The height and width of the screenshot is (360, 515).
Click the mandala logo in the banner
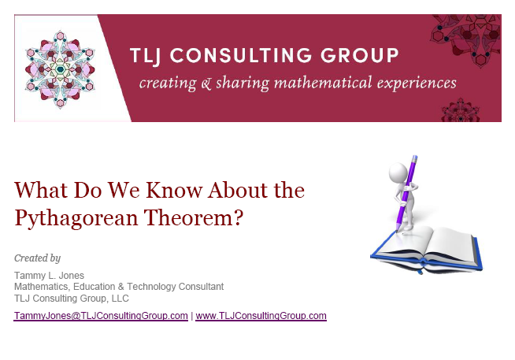coord(59,69)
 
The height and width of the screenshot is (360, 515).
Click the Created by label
coord(37,258)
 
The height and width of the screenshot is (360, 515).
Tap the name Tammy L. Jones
coord(49,275)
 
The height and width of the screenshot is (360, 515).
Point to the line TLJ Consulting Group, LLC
coord(72,299)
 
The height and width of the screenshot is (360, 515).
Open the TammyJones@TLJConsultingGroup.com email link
coord(101,316)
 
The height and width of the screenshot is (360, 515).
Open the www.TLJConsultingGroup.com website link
coord(261,316)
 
